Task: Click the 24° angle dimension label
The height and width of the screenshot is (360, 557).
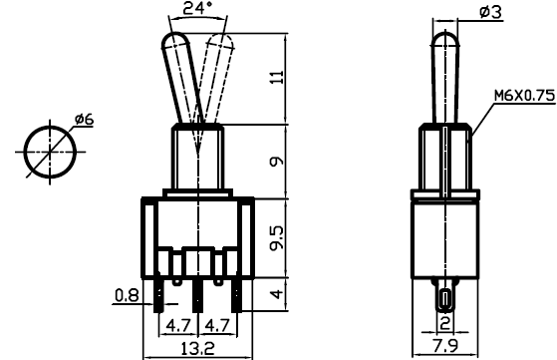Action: click(x=197, y=8)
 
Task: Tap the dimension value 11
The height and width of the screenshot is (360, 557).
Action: click(x=277, y=77)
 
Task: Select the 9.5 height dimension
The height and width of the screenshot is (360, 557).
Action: click(x=277, y=237)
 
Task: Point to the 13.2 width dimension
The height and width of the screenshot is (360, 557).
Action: click(x=198, y=348)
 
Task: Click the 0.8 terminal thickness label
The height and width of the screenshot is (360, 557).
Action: click(x=127, y=295)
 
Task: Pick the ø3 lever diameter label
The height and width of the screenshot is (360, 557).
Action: click(x=490, y=12)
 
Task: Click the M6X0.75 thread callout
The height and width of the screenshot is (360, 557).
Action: click(x=525, y=96)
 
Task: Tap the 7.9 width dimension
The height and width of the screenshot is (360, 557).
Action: click(x=445, y=346)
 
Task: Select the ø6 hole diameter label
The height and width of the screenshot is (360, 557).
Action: click(x=84, y=119)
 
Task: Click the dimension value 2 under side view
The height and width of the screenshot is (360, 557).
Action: click(x=444, y=323)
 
